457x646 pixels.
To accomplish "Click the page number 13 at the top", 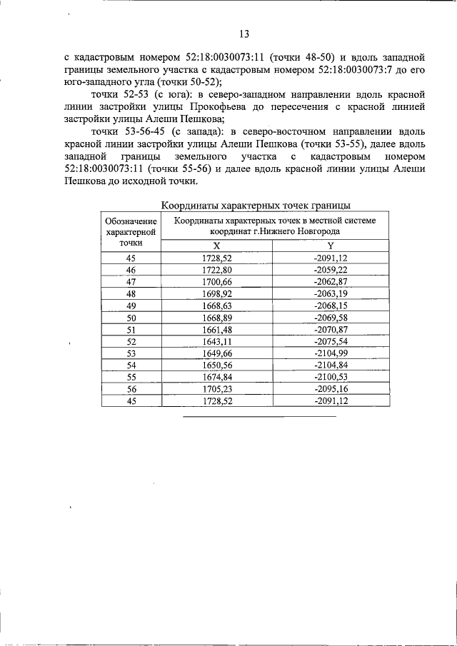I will (243, 33).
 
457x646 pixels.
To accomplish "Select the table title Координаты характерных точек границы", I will (256, 206).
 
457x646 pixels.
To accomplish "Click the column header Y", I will (331, 245).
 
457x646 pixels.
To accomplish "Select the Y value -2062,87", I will (331, 281).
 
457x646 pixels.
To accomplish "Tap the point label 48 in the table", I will (131, 293).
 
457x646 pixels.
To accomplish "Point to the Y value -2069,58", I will (331, 317).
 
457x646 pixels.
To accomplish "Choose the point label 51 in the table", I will (131, 329).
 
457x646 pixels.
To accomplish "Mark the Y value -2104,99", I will (331, 353).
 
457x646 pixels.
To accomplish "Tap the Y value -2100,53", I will (331, 377).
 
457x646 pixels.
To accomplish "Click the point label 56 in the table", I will (131, 389).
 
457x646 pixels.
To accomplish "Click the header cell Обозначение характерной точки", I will (131, 231).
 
